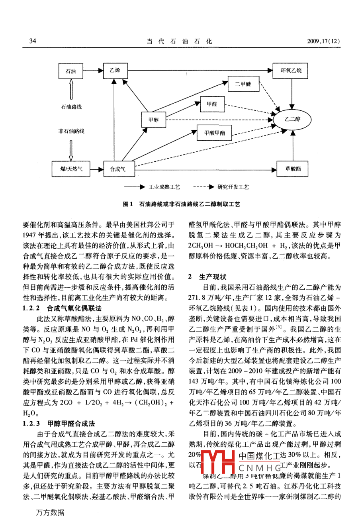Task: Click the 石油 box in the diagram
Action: [70, 71]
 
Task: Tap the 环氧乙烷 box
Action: [291, 71]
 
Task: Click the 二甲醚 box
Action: [243, 84]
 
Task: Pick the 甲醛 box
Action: [212, 104]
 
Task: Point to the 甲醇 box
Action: [153, 120]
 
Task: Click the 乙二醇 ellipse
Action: [293, 119]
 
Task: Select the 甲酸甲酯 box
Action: [214, 133]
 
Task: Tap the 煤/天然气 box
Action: [72, 169]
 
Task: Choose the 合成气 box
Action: [118, 169]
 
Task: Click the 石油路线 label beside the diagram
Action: [71, 107]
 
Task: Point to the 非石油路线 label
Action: [71, 131]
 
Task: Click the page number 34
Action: [33, 41]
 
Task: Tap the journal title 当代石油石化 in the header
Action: [179, 41]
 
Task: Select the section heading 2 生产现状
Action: [207, 277]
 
